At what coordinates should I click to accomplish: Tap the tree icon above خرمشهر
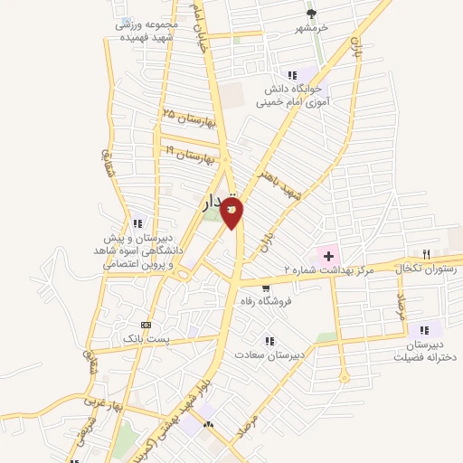[x=312, y=14]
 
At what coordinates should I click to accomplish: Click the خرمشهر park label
[x=312, y=28]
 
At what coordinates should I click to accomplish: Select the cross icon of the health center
[x=328, y=257]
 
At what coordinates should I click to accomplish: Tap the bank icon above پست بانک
[x=146, y=324]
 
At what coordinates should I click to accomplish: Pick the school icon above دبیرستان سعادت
[x=269, y=341]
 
